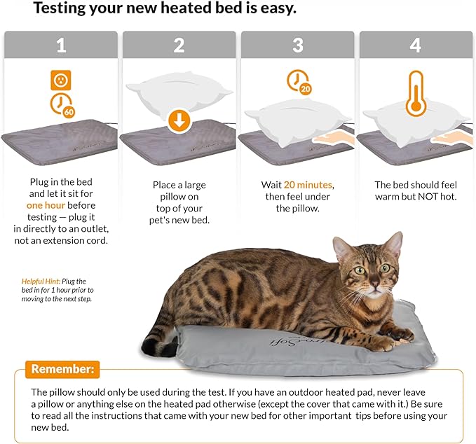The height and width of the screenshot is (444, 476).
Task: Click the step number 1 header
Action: click(x=61, y=45)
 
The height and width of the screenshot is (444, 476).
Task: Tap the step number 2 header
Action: click(x=179, y=45)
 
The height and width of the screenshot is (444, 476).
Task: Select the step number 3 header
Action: click(x=297, y=45)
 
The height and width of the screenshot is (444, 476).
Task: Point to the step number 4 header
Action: click(x=416, y=45)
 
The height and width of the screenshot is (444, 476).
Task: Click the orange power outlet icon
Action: click(x=61, y=80)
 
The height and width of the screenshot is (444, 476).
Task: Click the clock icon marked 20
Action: click(x=299, y=82)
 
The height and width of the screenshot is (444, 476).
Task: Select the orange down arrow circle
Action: click(x=179, y=121)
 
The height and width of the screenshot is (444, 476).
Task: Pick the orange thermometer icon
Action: click(x=416, y=94)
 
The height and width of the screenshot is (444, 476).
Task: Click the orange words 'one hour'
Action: click(x=46, y=205)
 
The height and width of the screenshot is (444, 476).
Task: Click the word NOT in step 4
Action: click(x=428, y=197)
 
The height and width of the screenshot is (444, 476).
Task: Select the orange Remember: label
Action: click(x=62, y=369)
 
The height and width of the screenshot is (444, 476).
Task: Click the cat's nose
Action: click(x=375, y=284)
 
